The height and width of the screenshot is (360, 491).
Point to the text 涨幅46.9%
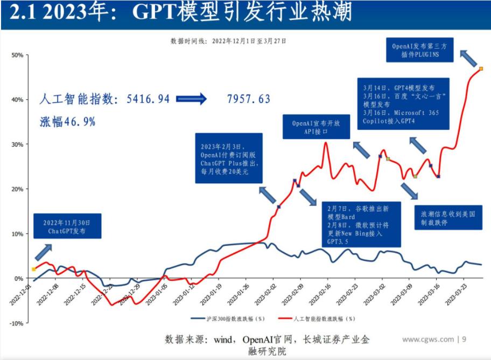pos(67,122)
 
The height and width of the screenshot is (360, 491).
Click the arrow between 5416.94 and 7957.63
pos(191,99)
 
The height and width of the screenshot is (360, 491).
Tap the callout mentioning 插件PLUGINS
pos(423,50)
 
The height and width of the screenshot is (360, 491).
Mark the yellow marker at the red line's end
pos(481,68)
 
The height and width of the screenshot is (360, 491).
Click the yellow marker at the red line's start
pos(34,269)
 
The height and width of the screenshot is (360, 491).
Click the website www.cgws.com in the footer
pos(428,339)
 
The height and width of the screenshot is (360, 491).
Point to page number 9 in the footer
pos(464,339)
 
